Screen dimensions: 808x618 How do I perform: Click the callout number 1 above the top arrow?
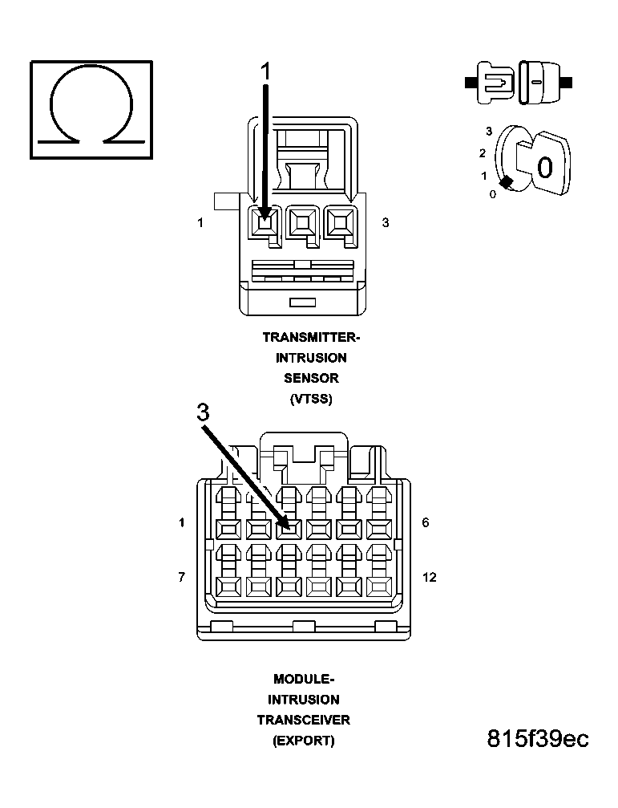[x=265, y=71]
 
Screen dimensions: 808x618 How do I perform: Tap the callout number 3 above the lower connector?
[x=204, y=412]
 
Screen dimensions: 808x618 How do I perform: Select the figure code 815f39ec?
[x=538, y=739]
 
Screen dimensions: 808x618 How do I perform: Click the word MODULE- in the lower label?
[x=304, y=679]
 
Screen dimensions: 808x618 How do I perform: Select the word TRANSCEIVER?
[x=304, y=720]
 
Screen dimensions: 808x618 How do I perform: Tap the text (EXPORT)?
[x=304, y=741]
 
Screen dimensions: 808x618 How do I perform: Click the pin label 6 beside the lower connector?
[x=426, y=522]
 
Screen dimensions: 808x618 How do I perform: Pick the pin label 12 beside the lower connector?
[x=430, y=577]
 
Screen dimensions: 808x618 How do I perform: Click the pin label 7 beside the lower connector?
[x=182, y=577]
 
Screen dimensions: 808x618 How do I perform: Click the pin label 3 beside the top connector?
[x=386, y=222]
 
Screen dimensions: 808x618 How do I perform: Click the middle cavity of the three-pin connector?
[x=301, y=221]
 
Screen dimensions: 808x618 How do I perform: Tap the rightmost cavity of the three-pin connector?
[x=340, y=221]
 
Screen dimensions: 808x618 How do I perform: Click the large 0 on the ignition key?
[x=544, y=168]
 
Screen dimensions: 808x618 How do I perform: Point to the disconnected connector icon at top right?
[x=518, y=82]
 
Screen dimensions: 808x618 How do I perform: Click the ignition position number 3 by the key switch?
[x=488, y=131]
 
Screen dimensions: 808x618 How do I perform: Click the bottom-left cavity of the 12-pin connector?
[x=228, y=583]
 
